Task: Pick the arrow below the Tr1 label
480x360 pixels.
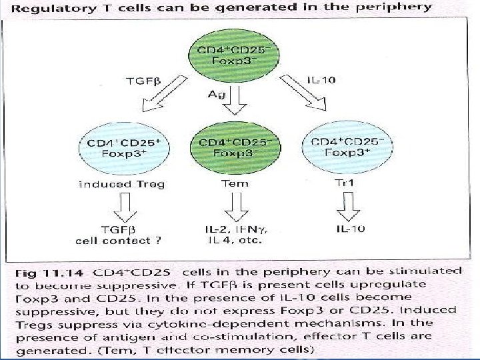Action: coord(347,207)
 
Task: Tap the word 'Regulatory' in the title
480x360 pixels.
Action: coord(52,8)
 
